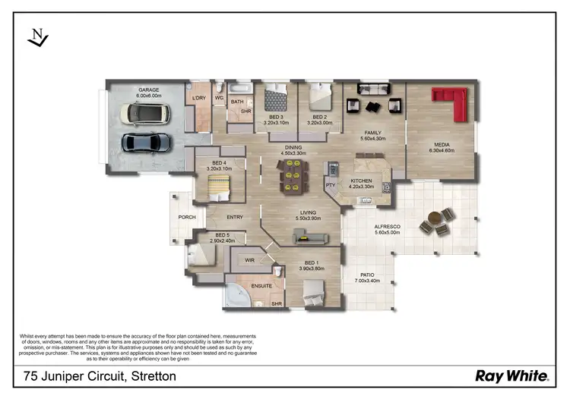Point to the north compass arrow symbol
[x=37, y=38]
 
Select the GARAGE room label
[x=148, y=90]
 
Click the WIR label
[x=249, y=260]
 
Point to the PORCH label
[x=187, y=217]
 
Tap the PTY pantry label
[x=331, y=184]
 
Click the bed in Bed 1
[x=313, y=290]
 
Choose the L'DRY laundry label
[x=199, y=97]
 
